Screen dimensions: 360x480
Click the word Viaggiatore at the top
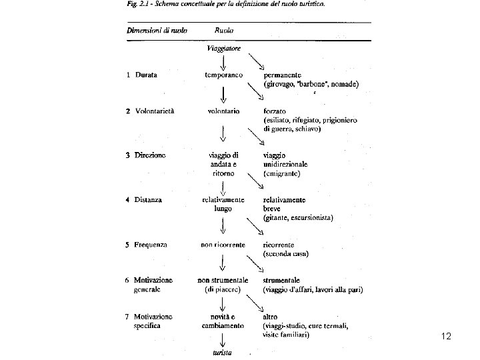coord(223,49)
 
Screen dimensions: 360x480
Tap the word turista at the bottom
coord(223,352)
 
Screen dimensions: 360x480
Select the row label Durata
coord(146,75)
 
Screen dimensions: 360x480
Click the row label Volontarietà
coord(155,111)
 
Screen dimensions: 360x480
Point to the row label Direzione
coord(151,155)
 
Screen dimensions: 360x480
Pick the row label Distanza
coord(149,199)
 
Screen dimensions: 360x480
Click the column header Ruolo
coord(224,30)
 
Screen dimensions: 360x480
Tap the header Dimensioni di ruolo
coord(157,30)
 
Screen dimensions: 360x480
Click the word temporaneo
coord(223,75)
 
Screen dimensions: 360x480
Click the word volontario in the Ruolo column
coord(223,111)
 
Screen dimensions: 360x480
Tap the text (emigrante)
coord(282,173)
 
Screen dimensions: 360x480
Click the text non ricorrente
coord(223,244)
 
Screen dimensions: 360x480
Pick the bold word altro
coord(272,316)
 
